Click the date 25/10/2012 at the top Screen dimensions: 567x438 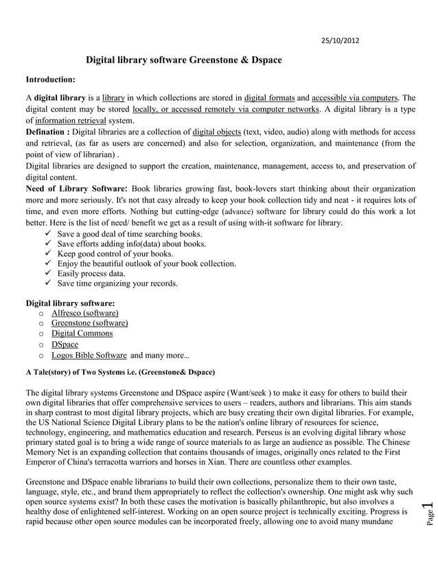[x=340, y=40]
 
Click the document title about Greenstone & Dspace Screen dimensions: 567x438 [x=183, y=60]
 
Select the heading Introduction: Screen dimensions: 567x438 [x=50, y=80]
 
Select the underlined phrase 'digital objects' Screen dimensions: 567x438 [x=216, y=131]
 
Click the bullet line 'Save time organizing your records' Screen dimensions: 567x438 [x=117, y=283]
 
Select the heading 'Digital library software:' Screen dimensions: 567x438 [x=70, y=303]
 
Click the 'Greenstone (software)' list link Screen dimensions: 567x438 [x=89, y=323]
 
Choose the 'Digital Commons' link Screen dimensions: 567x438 [x=82, y=334]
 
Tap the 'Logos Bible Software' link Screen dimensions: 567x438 [x=89, y=355]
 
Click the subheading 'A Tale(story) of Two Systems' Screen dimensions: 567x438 [x=120, y=373]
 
